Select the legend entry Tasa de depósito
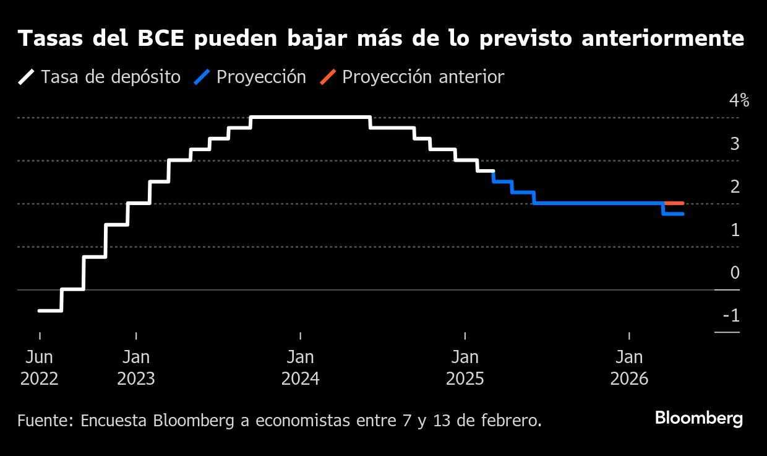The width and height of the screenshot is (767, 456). coord(110,77)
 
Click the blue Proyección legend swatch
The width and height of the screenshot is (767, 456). coord(204,77)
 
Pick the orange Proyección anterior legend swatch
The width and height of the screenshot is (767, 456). coord(328,77)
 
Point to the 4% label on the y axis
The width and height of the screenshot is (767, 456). coord(739,100)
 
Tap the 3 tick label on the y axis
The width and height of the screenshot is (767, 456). coord(735,144)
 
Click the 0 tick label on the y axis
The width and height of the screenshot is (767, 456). coord(735,273)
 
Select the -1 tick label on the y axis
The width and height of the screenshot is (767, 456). coord(731,316)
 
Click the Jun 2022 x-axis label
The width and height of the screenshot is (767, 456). coord(40,367)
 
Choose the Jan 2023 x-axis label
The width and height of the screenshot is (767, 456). coord(136,367)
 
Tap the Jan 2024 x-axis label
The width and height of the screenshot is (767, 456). coord(301,367)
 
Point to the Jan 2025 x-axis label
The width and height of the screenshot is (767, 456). coord(465,367)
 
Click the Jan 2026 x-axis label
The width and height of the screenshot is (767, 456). coord(629,367)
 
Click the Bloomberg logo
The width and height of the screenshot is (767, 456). coord(698,418)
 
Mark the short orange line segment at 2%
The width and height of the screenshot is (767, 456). coord(674,203)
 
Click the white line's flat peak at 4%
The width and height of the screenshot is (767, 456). coord(309,117)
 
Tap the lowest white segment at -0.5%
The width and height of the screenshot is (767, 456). coord(50,310)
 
